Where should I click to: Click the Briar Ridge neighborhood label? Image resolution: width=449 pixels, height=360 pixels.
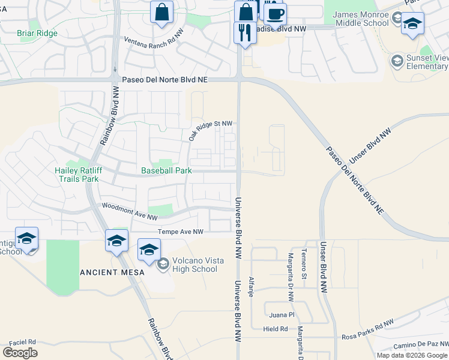click(37, 33)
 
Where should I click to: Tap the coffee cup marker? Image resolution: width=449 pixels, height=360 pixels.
click(275, 14)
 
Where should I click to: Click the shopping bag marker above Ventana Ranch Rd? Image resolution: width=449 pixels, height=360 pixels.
click(161, 13)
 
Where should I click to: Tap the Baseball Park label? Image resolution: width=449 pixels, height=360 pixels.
click(166, 170)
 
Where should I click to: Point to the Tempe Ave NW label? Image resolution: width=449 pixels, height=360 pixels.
click(180, 232)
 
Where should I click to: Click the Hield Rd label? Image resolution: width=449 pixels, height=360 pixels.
click(276, 329)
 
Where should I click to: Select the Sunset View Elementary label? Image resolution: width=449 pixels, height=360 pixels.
click(427, 62)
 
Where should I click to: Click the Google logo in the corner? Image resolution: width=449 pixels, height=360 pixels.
click(20, 352)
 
